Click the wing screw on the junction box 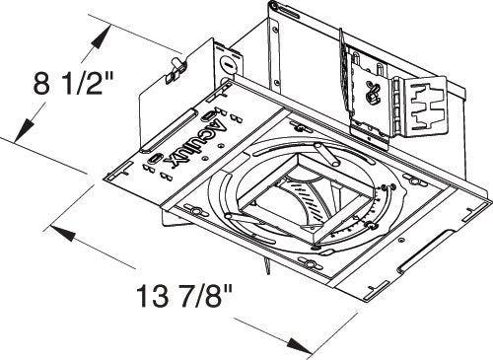coord(176,66)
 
